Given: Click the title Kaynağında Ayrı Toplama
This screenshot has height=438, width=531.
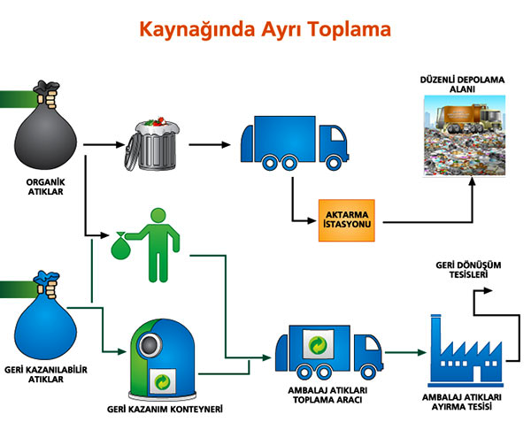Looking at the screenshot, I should (x=265, y=29).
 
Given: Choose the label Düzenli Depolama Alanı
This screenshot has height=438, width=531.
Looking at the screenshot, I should (x=462, y=85).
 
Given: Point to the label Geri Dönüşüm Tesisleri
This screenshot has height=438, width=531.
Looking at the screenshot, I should (x=463, y=269).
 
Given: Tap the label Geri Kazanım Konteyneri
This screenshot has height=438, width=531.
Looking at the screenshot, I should (x=165, y=410).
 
